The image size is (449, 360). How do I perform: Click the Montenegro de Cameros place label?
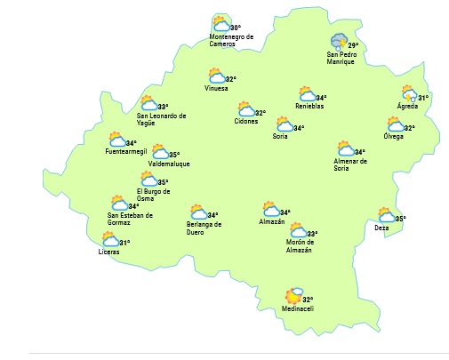point(230,40)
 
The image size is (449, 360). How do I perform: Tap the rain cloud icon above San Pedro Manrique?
point(337,43)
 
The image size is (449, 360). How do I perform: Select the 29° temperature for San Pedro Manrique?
point(352,45)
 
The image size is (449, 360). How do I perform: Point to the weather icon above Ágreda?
point(408,94)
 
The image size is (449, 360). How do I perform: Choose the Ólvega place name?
point(393,136)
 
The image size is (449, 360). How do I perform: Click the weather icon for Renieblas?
point(308,95)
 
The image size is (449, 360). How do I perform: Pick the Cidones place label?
point(246,121)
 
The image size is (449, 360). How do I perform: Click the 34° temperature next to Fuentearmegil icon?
point(132,143)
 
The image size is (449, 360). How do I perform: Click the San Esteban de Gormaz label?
point(131,219)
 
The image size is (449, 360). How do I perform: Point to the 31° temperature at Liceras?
point(124,243)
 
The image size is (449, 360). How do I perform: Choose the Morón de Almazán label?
point(299,246)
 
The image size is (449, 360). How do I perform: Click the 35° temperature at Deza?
point(400,218)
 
